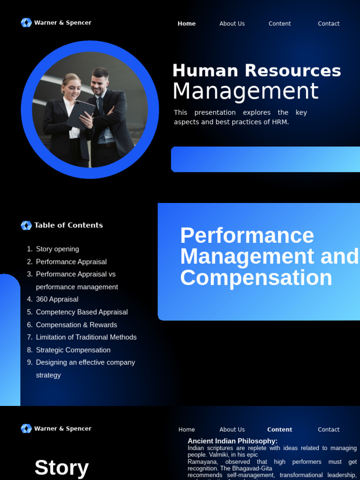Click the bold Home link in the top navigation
pos(187,23)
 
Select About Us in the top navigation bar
pos(232,23)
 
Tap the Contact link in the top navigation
pos(329,23)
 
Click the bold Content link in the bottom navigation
pos(279,429)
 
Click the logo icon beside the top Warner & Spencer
pos(26,22)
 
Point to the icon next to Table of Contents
pos(26,225)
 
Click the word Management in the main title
pos(245,91)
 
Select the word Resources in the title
pos(292,71)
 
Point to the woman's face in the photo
pos(72,87)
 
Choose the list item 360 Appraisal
pos(57,299)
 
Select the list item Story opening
pos(57,249)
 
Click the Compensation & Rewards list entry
pos(76,324)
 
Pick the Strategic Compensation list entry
pos(73,350)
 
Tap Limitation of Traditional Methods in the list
pos(86,337)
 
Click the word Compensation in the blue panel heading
pos(256,277)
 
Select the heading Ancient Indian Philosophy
pos(232,441)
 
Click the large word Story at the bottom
pos(61,467)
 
